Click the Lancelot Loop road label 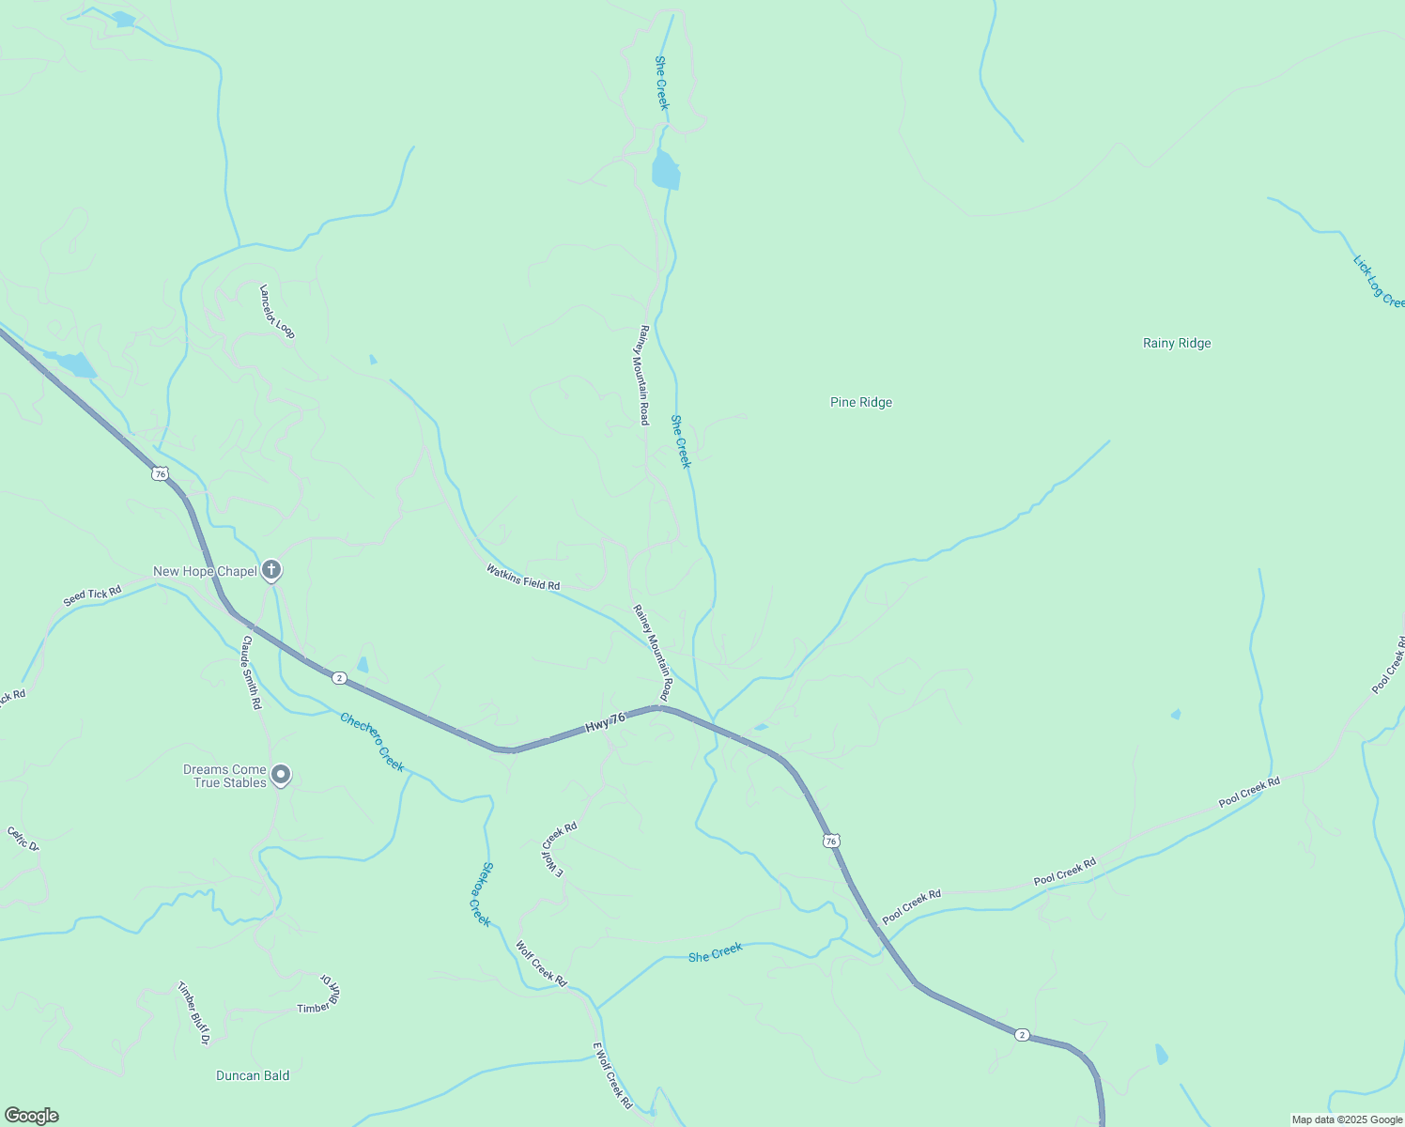coord(277,312)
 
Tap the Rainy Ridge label coord(1177,343)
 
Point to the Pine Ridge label coord(861,402)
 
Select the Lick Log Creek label coord(1378,281)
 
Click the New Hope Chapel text coord(205,571)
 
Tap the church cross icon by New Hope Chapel coord(271,569)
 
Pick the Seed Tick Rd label coord(92,595)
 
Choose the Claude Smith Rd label coord(251,672)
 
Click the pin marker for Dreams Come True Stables coord(281,775)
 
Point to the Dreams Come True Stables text coord(224,776)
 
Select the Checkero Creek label coord(372,742)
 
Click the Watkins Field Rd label coord(523,577)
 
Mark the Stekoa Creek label coord(480,894)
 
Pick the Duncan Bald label coord(253,1075)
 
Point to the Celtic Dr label coord(23,839)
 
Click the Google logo coord(32,1116)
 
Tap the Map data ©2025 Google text coord(1347,1119)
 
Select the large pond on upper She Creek coord(665,171)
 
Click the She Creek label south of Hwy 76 coord(715,953)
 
